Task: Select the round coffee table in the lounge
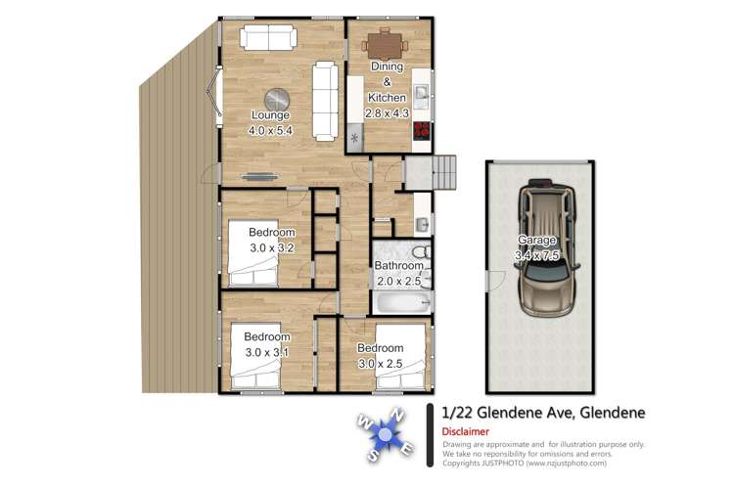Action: coord(279,98)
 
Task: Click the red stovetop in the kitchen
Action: coord(423,130)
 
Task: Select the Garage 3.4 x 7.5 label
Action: coord(538,247)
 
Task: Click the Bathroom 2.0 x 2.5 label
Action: coord(399,275)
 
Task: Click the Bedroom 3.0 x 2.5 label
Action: coord(380,356)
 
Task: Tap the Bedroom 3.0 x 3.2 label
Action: coord(271,241)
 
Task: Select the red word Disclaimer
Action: coord(466,431)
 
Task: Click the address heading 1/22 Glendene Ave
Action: coord(543,413)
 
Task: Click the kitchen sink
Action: coord(421,94)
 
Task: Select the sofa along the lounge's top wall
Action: coord(268,38)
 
